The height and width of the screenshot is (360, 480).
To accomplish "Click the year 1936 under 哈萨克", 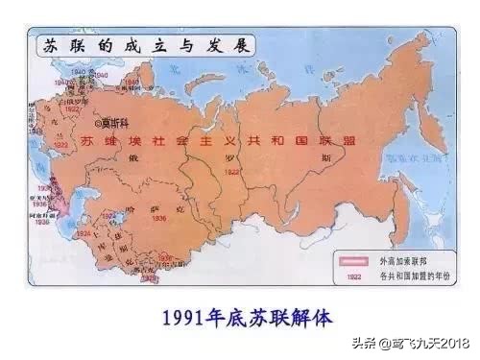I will click(159, 217).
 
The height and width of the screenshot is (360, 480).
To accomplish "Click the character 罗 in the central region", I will click(230, 158).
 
